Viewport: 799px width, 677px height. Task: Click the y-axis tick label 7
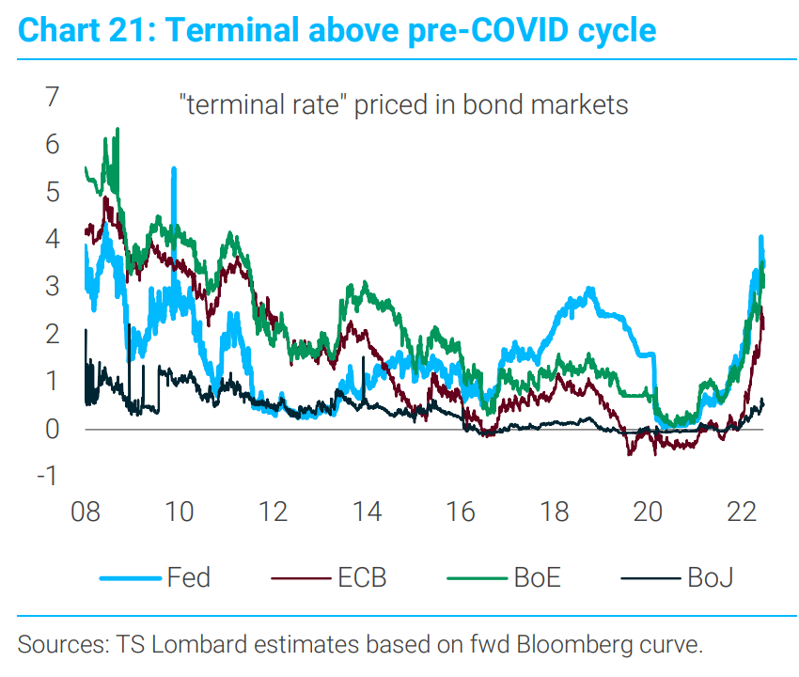pos(48,97)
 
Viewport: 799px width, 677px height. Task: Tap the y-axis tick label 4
pos(48,239)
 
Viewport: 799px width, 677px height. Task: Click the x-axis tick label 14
pos(367,513)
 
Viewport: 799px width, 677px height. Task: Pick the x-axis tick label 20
pos(649,513)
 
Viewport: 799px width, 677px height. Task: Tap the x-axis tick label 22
pos(743,513)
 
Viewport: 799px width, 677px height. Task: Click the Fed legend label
pos(188,576)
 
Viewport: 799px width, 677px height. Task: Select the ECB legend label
pos(362,576)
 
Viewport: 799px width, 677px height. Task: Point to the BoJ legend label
pos(710,576)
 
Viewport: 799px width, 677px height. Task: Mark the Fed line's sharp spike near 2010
pos(174,169)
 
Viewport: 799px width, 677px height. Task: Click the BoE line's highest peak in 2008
pos(117,129)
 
